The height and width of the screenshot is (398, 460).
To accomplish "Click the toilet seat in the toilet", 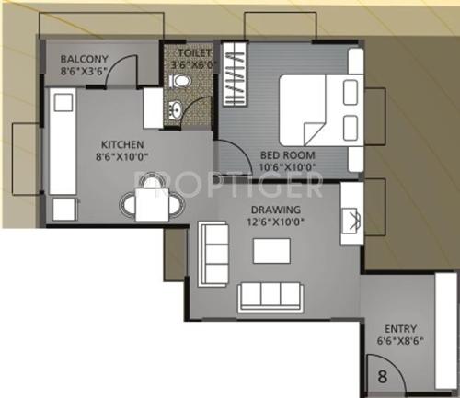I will point(179,84).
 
